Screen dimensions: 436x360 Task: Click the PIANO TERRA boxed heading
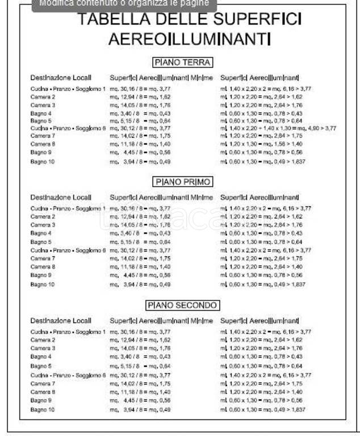tap(183, 62)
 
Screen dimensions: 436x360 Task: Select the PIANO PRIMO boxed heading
tap(183, 182)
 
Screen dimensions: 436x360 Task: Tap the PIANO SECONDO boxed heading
tap(183, 305)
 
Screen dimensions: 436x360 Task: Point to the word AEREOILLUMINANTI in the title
tap(189, 39)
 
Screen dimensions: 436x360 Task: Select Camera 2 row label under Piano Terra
tap(43, 97)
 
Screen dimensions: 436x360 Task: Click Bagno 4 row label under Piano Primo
tap(41, 233)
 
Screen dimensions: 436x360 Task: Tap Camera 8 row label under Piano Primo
tap(43, 266)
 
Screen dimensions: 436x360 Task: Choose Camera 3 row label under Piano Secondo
tap(43, 348)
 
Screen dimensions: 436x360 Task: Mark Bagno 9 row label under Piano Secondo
tap(41, 400)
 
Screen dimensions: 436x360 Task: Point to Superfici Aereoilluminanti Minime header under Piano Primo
tap(161, 198)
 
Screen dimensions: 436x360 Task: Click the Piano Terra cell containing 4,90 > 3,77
tap(278, 128)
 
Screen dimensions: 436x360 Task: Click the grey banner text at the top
tap(124, 3)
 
